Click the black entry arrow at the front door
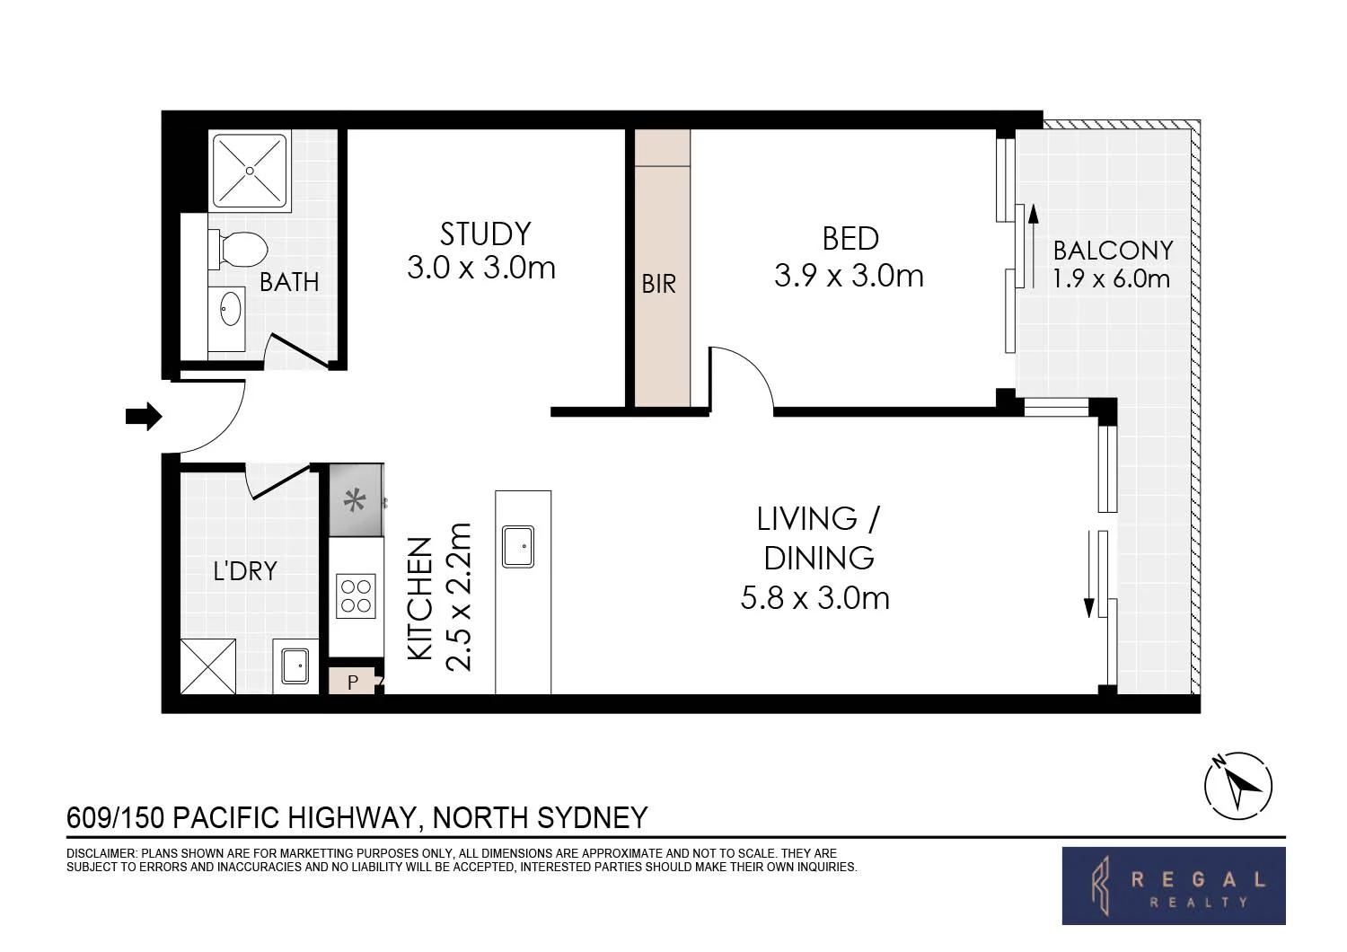pyautogui.click(x=143, y=417)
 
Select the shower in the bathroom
pyautogui.click(x=249, y=171)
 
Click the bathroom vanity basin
pyautogui.click(x=230, y=309)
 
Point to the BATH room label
pyautogui.click(x=289, y=282)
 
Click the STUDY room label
pyautogui.click(x=485, y=234)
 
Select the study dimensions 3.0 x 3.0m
pyautogui.click(x=481, y=268)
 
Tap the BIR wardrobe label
pyautogui.click(x=658, y=285)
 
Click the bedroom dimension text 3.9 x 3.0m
pyautogui.click(x=849, y=276)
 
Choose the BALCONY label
pyautogui.click(x=1113, y=250)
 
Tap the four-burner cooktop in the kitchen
pyautogui.click(x=356, y=595)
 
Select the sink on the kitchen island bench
pyautogui.click(x=518, y=546)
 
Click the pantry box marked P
pyautogui.click(x=353, y=682)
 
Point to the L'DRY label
pyautogui.click(x=244, y=571)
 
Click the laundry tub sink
pyautogui.click(x=295, y=666)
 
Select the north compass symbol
pyautogui.click(x=1238, y=785)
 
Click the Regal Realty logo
pyautogui.click(x=1173, y=886)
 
